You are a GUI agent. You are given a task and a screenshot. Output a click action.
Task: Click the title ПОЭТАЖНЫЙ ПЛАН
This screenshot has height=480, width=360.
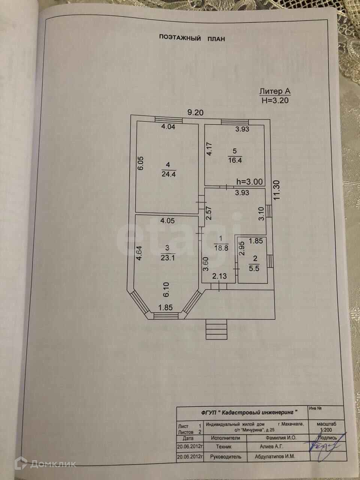point(192,38)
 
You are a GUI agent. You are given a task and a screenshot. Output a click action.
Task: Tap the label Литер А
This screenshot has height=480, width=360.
point(275,91)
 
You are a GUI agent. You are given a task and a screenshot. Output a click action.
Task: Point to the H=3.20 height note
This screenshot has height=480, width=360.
point(275,100)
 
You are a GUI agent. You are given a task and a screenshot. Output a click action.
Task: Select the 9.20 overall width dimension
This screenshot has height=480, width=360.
point(196,112)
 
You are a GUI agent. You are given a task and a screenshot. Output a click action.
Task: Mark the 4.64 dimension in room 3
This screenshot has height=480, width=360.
point(139,253)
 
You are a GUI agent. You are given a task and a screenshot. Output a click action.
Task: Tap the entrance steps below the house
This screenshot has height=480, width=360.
point(216,329)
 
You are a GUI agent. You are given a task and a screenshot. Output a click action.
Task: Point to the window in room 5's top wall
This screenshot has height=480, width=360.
point(235,122)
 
